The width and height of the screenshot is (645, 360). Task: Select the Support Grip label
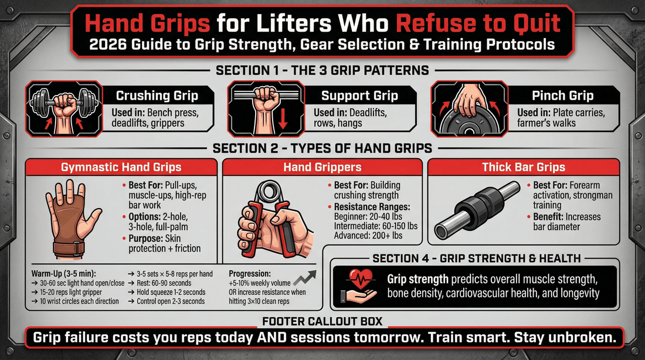pyautogui.click(x=359, y=96)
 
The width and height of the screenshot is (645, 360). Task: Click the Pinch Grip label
pyautogui.click(x=563, y=96)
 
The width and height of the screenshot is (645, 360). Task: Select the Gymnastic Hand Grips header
pyautogui.click(x=121, y=167)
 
